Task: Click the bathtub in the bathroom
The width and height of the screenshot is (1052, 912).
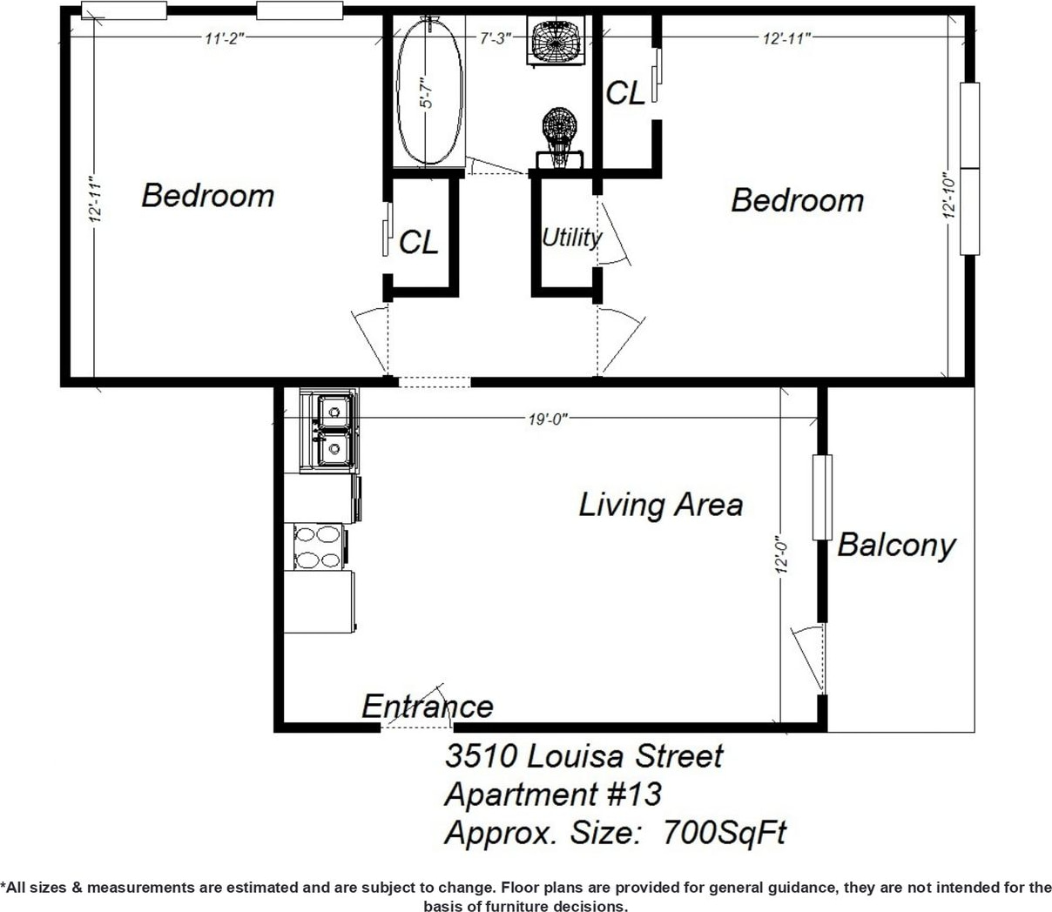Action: [x=429, y=91]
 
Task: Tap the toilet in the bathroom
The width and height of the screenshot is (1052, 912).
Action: [x=559, y=137]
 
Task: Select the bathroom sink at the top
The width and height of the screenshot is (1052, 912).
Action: [x=556, y=39]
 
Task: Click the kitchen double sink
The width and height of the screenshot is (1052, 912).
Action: [x=329, y=431]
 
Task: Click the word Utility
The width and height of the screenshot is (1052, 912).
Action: [x=571, y=238]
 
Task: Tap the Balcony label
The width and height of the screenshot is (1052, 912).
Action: [x=897, y=546]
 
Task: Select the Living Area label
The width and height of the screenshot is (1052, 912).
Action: [x=661, y=505]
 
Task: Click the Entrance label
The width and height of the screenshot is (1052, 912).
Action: [x=428, y=707]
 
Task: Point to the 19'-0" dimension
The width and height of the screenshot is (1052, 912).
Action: [x=548, y=419]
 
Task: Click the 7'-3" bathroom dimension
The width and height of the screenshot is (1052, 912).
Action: [x=496, y=38]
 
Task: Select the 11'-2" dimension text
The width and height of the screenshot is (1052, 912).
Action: [x=224, y=38]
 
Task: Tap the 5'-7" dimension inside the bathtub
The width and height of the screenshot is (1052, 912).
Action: [x=428, y=92]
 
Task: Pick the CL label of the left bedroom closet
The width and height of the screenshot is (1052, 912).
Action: [x=419, y=242]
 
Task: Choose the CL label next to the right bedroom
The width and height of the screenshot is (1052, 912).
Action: [x=625, y=94]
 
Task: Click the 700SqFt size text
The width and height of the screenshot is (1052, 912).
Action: [x=725, y=832]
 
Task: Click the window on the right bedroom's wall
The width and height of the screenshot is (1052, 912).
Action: [x=970, y=169]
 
